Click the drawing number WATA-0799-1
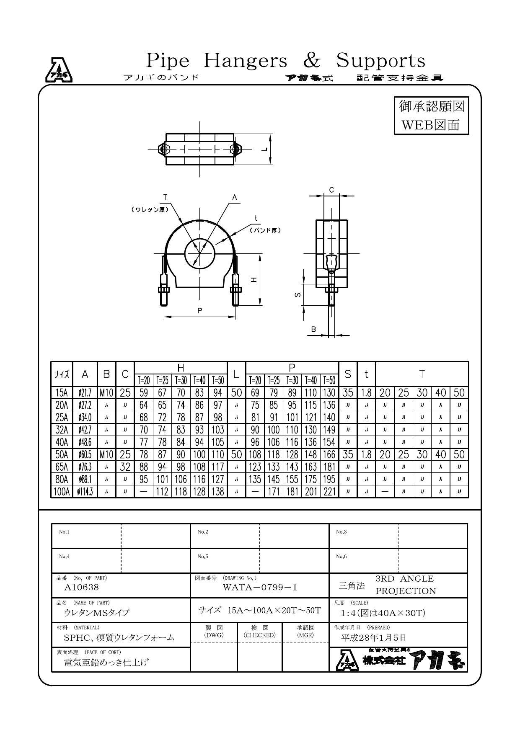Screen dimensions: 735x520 (x=260, y=587)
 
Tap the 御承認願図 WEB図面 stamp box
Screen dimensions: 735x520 (x=431, y=116)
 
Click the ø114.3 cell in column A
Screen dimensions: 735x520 (x=85, y=492)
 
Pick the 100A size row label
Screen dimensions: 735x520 (x=62, y=492)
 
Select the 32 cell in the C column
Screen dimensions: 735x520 (x=125, y=467)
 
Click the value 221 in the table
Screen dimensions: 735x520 (x=329, y=492)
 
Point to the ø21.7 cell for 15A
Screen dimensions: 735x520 (x=85, y=393)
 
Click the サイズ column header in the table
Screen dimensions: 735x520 (x=62, y=374)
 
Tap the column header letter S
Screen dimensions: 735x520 (x=347, y=374)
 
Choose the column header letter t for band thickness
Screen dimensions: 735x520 (x=366, y=374)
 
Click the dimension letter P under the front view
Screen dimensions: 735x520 (x=200, y=311)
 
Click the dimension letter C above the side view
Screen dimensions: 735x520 (x=331, y=190)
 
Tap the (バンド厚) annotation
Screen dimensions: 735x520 (x=265, y=230)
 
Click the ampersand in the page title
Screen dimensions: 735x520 (x=311, y=60)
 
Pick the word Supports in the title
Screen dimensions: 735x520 (x=381, y=60)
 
